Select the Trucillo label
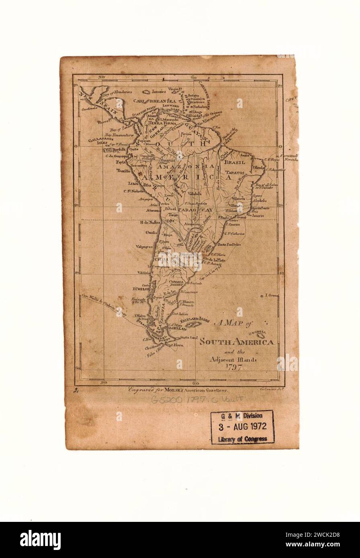(x=124, y=171)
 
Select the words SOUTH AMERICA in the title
(x=237, y=342)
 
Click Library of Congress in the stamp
(x=242, y=439)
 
